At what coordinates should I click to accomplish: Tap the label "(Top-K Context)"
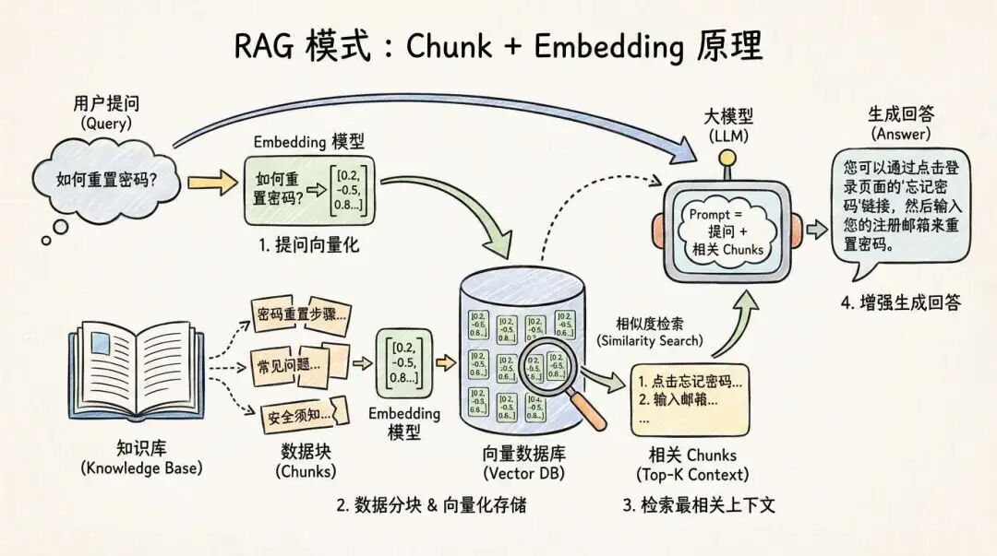(692, 474)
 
